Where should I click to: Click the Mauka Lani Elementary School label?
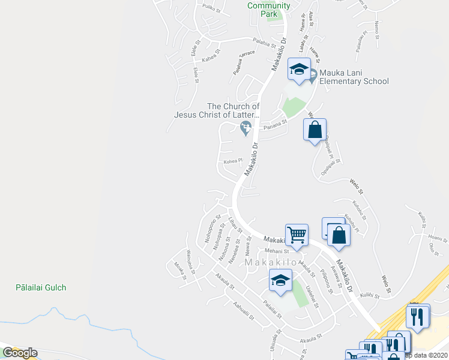(354, 77)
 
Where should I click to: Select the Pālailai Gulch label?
(41, 287)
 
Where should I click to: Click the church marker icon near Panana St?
(246, 127)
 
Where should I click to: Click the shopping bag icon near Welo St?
(315, 129)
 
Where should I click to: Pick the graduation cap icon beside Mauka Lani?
(299, 70)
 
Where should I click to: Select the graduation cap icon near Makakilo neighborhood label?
(280, 280)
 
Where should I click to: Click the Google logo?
(20, 353)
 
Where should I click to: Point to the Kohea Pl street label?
(233, 161)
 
